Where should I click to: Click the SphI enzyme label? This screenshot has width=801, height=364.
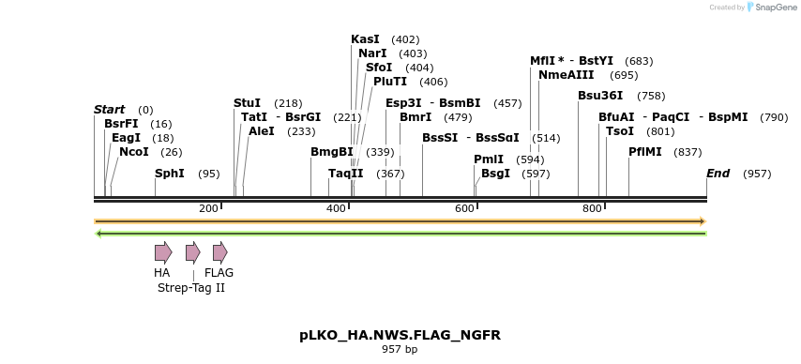[x=170, y=174]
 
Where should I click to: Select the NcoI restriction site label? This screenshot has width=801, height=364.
[x=134, y=152]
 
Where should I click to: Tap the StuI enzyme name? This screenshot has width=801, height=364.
[x=248, y=103]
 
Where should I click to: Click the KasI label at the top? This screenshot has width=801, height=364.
[x=365, y=39]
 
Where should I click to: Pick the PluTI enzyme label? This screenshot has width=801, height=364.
[x=390, y=82]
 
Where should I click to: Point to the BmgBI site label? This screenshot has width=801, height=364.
[x=332, y=152]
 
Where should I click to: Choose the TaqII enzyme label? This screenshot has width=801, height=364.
[x=346, y=174]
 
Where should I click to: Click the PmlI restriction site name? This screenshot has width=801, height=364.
[x=489, y=159]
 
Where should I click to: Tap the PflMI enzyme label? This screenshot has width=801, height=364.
[x=645, y=152]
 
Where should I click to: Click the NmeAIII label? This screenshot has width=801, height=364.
[x=567, y=75]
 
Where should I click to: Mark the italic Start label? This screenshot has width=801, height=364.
[x=109, y=110]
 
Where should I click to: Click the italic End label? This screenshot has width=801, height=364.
[x=718, y=174]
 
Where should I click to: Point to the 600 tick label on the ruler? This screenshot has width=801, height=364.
[x=464, y=208]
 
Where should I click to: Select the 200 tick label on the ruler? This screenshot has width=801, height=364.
[x=208, y=208]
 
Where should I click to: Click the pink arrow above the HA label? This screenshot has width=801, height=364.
[x=163, y=251]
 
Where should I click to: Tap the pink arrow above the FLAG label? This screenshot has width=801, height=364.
[x=219, y=251]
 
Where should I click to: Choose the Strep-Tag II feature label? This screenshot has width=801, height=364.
[x=191, y=288]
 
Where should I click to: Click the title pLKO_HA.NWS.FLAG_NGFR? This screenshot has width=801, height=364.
[x=400, y=335]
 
